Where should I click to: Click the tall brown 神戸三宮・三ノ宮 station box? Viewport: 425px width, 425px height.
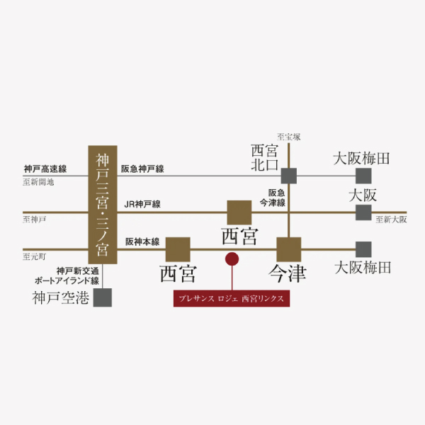click(x=103, y=205)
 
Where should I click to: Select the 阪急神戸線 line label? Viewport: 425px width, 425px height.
click(x=142, y=169)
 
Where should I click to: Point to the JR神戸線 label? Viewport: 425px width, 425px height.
click(x=142, y=205)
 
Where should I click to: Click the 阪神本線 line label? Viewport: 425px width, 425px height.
click(x=142, y=241)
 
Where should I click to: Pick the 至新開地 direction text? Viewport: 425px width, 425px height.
click(x=38, y=182)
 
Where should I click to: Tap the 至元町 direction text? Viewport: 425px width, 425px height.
click(x=34, y=255)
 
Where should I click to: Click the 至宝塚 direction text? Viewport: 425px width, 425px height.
click(x=289, y=136)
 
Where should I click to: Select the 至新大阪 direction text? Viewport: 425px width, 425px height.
click(x=392, y=220)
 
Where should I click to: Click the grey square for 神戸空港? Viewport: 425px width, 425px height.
click(x=103, y=297)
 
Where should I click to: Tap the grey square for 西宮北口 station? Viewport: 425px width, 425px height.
click(x=289, y=176)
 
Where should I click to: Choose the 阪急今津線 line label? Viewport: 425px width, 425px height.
click(x=276, y=198)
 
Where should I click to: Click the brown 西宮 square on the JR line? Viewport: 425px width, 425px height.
click(x=239, y=212)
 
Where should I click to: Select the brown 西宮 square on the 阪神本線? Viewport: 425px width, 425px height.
click(x=178, y=249)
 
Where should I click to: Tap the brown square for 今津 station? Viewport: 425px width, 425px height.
click(x=289, y=249)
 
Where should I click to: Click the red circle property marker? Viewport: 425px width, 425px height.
click(x=231, y=259)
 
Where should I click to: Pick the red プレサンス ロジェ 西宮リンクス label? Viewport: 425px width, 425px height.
click(x=232, y=299)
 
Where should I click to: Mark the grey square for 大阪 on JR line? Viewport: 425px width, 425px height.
click(x=363, y=212)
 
